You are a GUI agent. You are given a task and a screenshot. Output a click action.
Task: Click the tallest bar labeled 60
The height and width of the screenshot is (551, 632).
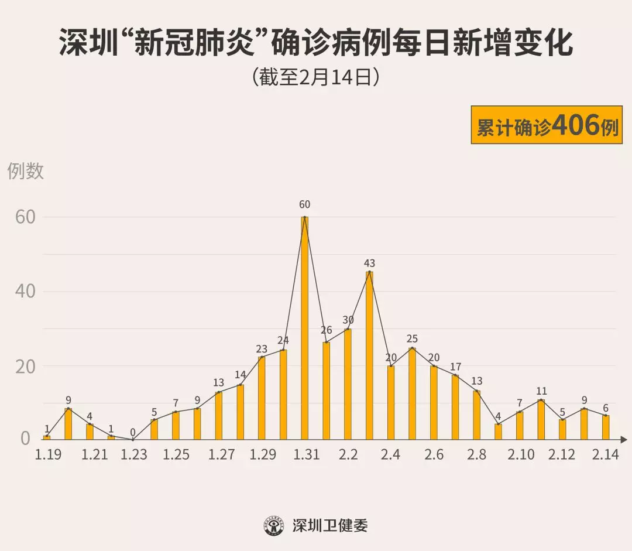tap(304, 328)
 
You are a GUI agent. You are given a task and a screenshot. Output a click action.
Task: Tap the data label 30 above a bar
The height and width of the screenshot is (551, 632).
tap(348, 320)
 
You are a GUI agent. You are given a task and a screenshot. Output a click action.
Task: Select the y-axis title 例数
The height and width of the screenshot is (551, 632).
tap(26, 171)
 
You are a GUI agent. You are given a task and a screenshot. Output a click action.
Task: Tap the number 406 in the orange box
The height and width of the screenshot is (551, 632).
tap(576, 125)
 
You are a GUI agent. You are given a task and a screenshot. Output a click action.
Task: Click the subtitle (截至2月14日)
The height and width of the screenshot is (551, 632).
tap(316, 77)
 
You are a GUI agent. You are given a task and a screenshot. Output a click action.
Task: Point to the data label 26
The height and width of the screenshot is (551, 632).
tap(327, 330)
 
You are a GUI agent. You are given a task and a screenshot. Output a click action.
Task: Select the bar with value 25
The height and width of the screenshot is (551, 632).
tap(412, 393)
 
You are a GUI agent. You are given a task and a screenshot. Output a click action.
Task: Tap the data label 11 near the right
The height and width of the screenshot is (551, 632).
tap(541, 391)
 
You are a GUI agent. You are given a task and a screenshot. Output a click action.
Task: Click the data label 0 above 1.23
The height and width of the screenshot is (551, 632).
tap(133, 433)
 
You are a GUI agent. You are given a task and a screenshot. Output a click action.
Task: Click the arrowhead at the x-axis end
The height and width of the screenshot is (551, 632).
tap(624, 439)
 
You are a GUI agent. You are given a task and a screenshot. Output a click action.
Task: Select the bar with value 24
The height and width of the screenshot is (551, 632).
tap(283, 395)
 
